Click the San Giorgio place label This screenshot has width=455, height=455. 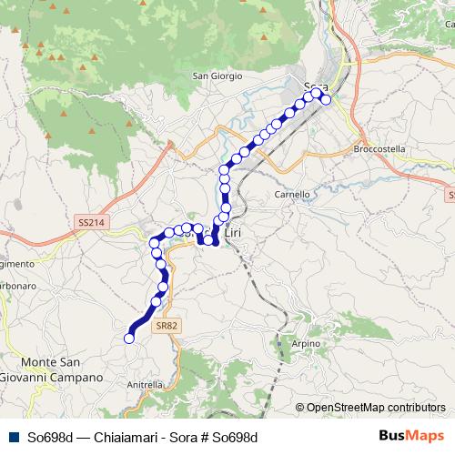tap(217, 76)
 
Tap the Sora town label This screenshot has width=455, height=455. tap(314, 86)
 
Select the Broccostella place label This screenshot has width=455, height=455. tap(379, 148)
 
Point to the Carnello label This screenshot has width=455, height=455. tap(292, 194)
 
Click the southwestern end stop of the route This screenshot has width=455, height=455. tap(129, 339)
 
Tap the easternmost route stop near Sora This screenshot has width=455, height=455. tap(326, 99)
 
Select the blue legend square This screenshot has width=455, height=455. tap(11, 437)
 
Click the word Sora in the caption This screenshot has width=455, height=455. tap(171, 437)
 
